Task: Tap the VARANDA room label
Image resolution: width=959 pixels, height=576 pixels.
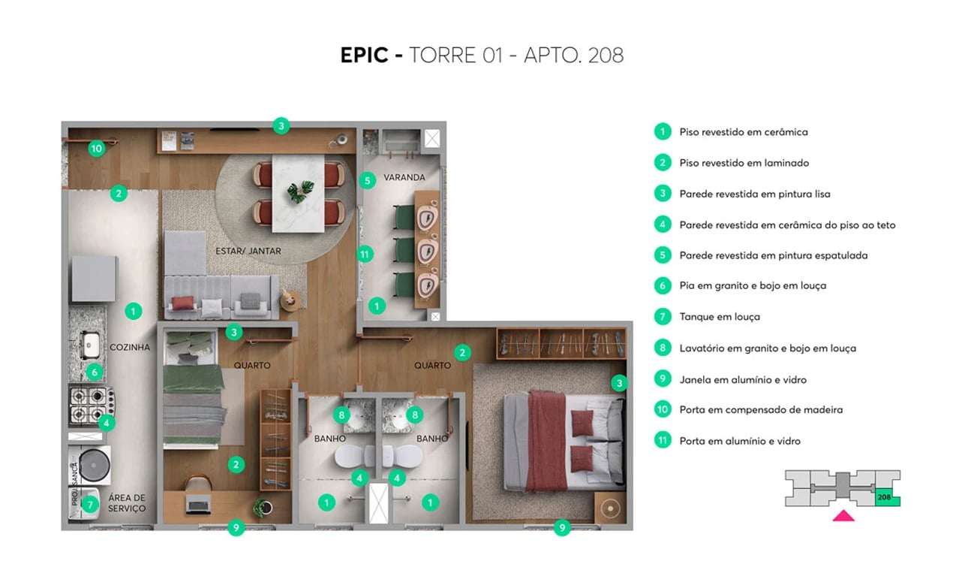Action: pos(404,178)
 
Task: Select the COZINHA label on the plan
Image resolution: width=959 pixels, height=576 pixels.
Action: pos(129,348)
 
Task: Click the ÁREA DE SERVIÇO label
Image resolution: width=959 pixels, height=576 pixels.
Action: pos(126,503)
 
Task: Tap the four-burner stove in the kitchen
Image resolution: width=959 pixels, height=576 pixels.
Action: pos(89,404)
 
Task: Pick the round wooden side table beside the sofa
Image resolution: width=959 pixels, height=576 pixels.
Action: pos(290,300)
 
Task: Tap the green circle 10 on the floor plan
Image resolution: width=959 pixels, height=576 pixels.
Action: pos(95,149)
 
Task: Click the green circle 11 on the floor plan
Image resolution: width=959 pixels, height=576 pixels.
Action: pos(365,254)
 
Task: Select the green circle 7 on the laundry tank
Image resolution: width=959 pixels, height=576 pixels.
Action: pos(90,505)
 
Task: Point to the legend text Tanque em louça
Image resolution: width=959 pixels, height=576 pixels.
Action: pos(719,317)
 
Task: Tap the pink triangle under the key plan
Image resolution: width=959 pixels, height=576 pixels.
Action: pos(843,515)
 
